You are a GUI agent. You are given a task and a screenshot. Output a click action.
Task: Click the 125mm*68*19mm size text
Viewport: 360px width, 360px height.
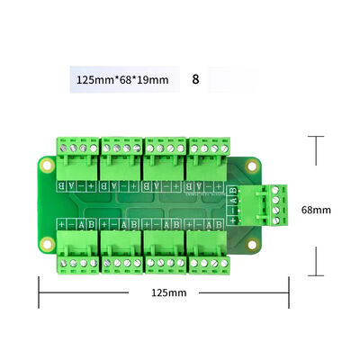(121, 79)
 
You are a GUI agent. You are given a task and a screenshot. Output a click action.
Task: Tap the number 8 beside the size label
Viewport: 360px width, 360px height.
(195, 79)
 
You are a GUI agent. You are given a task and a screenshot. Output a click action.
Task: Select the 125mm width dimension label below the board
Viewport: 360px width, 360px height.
(168, 292)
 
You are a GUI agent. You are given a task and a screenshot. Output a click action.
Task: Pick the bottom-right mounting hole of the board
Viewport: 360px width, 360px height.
(253, 244)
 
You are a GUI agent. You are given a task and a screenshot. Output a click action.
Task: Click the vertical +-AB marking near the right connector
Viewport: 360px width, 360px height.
(235, 203)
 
